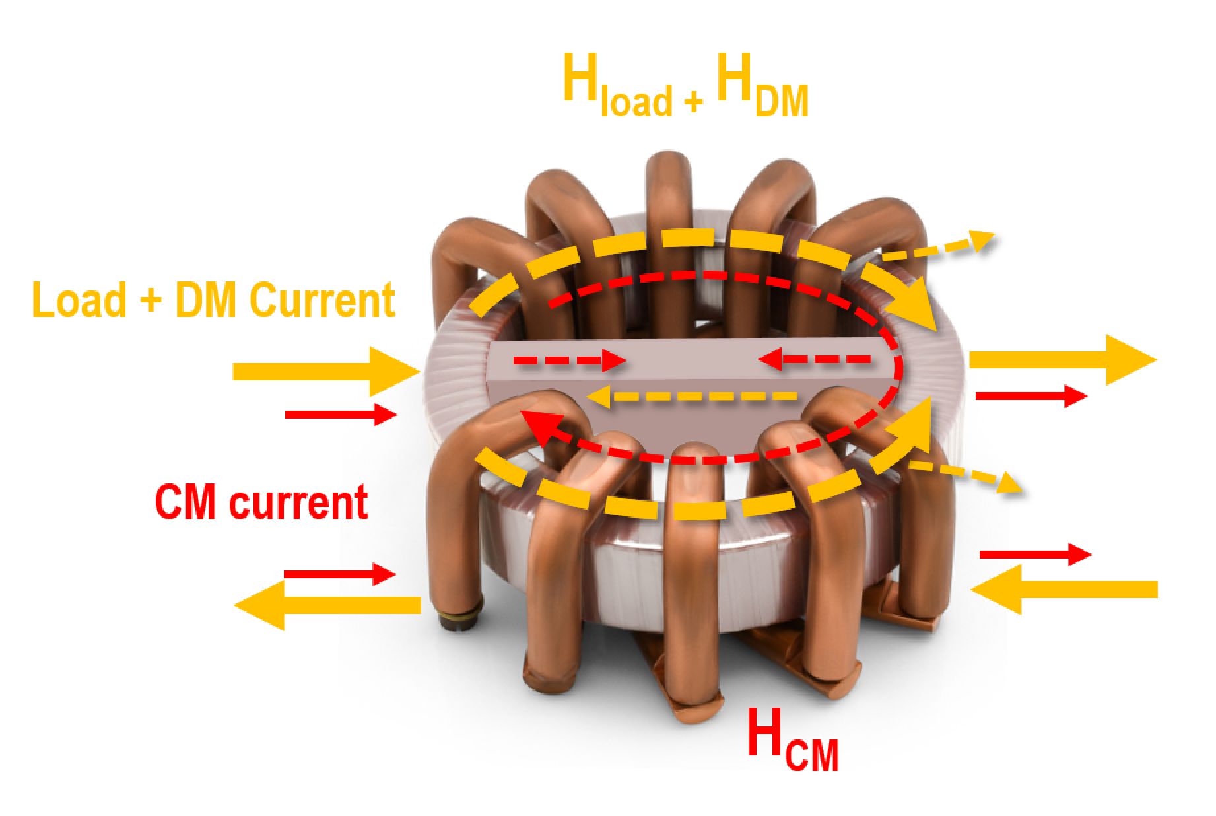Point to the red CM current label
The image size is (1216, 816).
261,503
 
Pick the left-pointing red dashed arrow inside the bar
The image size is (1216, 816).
815,360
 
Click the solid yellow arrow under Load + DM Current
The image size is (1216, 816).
327,372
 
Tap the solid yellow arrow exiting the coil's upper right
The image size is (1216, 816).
1063,360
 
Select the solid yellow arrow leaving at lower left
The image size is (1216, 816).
327,604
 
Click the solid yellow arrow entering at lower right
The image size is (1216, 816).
1064,589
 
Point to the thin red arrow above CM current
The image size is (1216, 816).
341,415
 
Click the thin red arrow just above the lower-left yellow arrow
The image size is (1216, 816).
339,574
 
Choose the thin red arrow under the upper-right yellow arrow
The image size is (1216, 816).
1031,396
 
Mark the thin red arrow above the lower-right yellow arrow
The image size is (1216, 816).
1036,555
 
